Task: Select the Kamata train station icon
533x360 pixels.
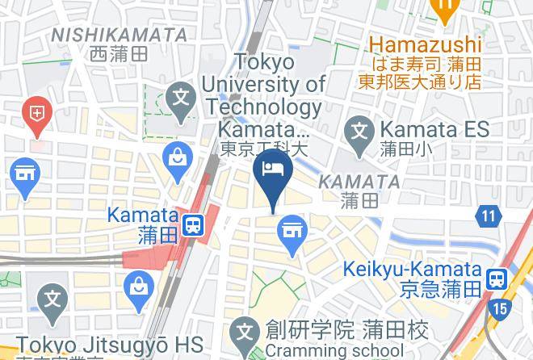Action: (x=193, y=225)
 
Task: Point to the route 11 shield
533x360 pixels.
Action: (x=488, y=216)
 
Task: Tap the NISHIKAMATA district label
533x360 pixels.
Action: (x=119, y=35)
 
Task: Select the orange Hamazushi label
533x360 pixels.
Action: (x=426, y=44)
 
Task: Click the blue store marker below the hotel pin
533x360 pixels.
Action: (x=292, y=232)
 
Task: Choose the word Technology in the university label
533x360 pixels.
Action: (x=262, y=107)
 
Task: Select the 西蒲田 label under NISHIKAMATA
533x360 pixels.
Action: (x=119, y=54)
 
